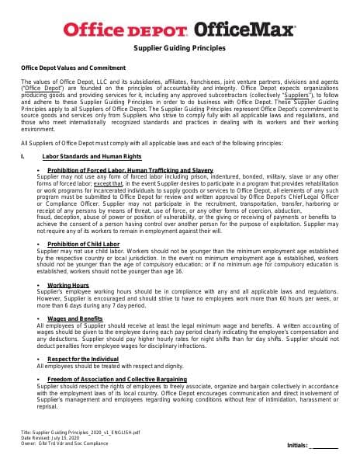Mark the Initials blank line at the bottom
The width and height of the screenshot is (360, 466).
(x=324, y=446)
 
